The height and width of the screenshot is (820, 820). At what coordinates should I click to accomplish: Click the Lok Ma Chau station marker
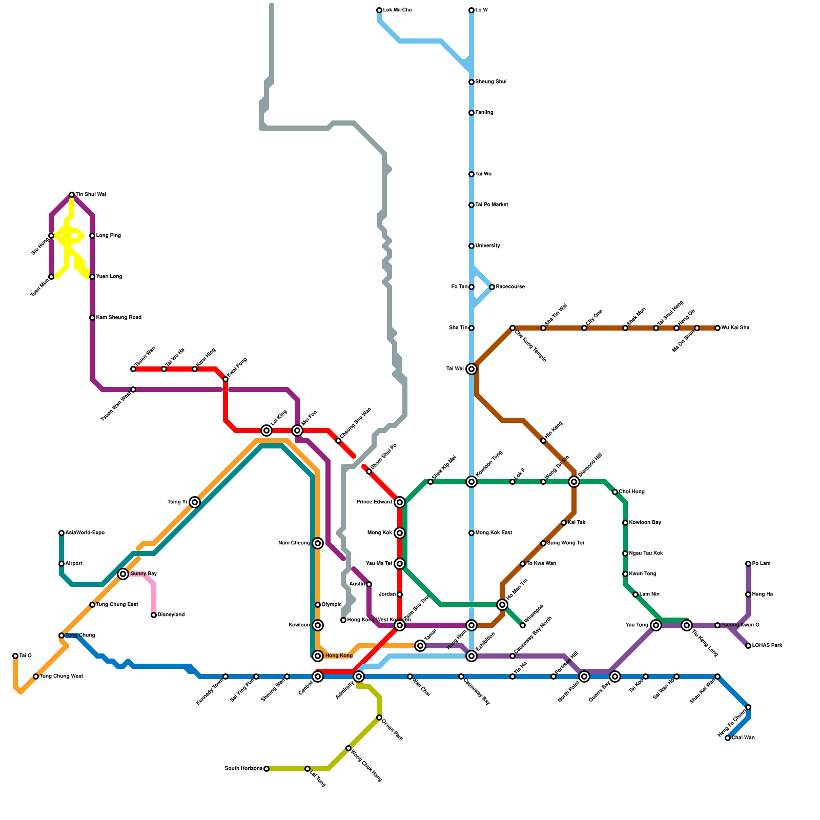[x=379, y=10]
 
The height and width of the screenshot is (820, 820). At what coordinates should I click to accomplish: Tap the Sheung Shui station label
[x=490, y=82]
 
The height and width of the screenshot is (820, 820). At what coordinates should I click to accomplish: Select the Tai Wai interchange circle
[x=471, y=369]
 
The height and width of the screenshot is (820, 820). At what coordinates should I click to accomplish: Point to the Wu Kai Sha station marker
[x=717, y=328]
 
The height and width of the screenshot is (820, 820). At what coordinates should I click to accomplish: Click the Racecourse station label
[x=510, y=287]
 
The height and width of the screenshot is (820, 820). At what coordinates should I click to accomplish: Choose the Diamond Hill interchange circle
[x=574, y=482]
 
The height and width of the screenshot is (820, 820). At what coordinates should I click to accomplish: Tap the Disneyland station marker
[x=154, y=615]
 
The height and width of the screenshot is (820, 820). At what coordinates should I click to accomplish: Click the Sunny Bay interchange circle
[x=123, y=574]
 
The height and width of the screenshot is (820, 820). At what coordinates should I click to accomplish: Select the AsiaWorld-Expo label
[x=85, y=533]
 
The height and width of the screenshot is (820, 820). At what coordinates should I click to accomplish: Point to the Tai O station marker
[x=15, y=656]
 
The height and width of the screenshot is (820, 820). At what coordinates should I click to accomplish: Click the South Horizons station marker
[x=266, y=769]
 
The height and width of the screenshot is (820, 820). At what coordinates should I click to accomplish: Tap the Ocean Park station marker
[x=379, y=717]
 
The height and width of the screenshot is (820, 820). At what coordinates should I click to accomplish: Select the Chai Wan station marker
[x=728, y=738]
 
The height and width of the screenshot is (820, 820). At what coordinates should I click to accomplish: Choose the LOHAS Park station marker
[x=748, y=646]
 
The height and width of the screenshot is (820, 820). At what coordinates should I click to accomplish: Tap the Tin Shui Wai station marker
[x=72, y=195]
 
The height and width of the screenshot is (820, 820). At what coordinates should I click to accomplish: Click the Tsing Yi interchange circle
[x=195, y=502]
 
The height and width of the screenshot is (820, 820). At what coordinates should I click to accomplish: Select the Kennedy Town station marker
[x=225, y=676]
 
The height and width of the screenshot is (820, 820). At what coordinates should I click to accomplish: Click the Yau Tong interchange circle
[x=656, y=625]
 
